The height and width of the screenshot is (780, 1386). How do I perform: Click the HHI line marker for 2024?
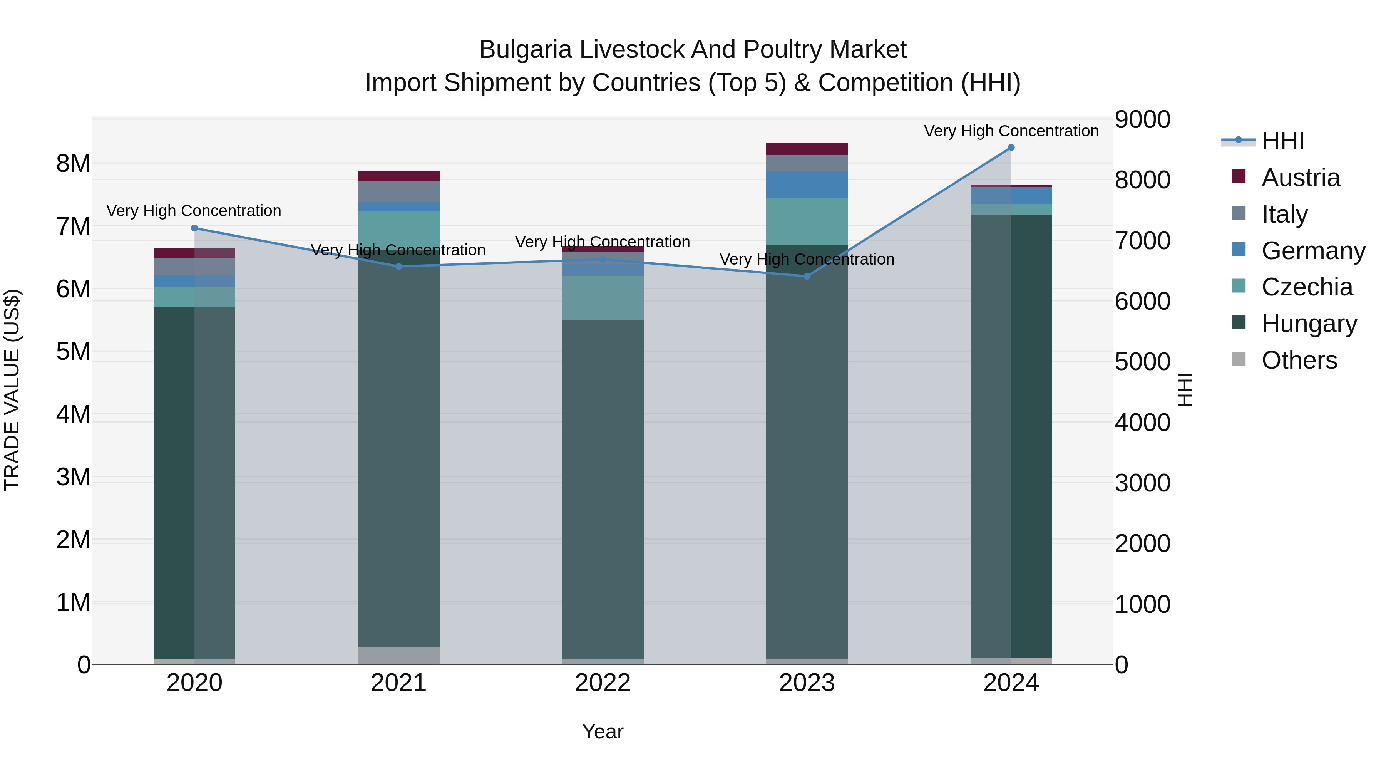point(1011,148)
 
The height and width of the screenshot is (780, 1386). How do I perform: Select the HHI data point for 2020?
point(195,228)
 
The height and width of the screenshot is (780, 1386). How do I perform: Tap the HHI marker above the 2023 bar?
point(807,276)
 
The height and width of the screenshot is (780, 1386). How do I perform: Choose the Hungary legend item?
point(1309,324)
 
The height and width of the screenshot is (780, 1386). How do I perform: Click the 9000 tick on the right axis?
point(1142,119)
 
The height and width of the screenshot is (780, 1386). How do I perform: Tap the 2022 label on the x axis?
point(603,683)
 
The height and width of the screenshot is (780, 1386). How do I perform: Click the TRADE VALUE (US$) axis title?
point(12,390)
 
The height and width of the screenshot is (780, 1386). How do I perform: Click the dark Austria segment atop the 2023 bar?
point(807,149)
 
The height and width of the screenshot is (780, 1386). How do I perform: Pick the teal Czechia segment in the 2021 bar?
point(399,229)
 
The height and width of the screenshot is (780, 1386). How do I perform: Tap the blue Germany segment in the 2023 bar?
point(807,185)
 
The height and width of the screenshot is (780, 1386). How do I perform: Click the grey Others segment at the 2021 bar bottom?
point(399,656)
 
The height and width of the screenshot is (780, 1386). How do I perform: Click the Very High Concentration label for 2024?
point(1011,131)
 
